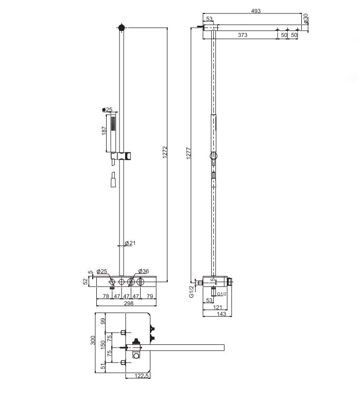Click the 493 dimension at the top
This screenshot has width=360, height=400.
pos(255,11)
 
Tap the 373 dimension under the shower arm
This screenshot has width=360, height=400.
pos(243,35)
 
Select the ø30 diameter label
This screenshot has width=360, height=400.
pos(305,19)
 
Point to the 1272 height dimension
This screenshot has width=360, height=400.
pos(165,152)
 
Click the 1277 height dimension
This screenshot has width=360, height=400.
pos(188,153)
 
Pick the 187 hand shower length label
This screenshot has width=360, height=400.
pos(104,131)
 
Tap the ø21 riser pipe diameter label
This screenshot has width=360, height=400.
pos(130,243)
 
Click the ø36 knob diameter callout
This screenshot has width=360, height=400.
pos(144,271)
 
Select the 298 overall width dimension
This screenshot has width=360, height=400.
pos(129,303)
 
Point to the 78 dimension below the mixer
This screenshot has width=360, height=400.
pos(106,296)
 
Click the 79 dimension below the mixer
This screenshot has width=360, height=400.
pos(150,296)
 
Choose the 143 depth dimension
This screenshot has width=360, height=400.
pos(221,314)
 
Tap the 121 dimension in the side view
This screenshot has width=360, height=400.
pos(217,307)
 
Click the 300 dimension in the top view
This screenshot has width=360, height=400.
pos(93,340)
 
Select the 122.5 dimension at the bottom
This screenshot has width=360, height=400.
pos(141,376)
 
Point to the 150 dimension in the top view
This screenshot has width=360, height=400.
pos(103,345)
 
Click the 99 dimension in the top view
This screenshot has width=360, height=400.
pos(103,321)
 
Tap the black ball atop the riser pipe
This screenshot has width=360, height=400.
pos(122,27)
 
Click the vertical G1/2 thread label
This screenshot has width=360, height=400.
pos(192,291)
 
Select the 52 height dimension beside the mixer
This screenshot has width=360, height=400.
pos(85,282)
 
